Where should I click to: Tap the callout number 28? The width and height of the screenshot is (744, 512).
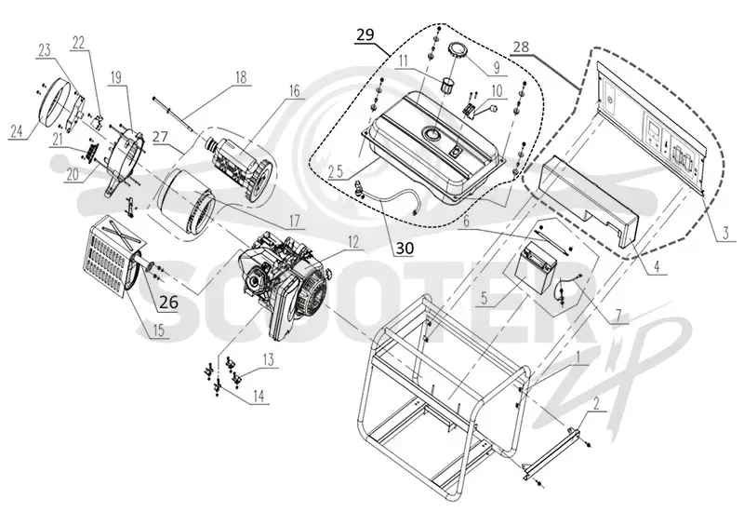[x=520, y=47]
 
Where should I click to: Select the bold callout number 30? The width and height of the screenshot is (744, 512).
[x=405, y=248]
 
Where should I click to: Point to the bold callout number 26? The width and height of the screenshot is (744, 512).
[x=169, y=301]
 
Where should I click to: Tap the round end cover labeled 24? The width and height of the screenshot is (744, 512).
[x=55, y=102]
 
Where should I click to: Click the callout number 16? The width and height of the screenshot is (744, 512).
[x=294, y=90]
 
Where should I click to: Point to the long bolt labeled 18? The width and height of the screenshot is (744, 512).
[x=173, y=115]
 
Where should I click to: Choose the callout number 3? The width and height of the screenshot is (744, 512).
[x=725, y=233]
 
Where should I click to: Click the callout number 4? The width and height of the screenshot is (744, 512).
[x=657, y=266]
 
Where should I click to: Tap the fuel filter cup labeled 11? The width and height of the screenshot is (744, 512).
[x=447, y=86]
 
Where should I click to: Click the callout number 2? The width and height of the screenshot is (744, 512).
[x=596, y=404]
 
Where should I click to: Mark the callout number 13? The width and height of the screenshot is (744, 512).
[x=268, y=359]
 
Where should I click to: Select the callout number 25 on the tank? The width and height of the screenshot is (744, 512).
[x=336, y=171]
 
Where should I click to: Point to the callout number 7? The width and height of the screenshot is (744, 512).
[x=618, y=316]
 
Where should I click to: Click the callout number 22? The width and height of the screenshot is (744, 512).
[x=78, y=43]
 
